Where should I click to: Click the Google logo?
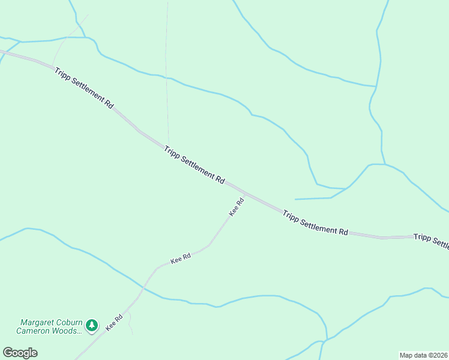20,353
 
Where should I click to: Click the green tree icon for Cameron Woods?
91,325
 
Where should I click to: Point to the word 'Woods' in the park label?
67,331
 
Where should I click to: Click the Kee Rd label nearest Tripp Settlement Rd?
237,207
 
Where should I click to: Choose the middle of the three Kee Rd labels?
181,259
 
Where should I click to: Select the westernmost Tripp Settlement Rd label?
84,88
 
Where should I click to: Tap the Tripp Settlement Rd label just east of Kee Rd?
315,223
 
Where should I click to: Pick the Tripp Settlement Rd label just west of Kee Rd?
194,164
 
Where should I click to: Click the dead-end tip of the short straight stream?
295,199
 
